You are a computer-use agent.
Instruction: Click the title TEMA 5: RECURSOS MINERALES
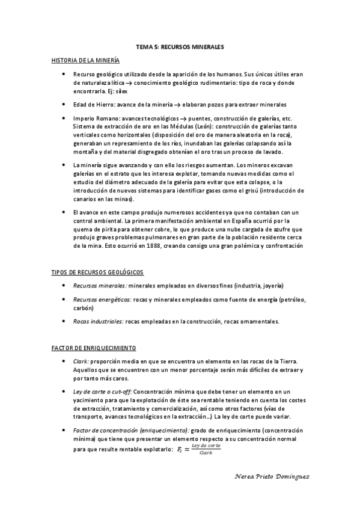(x=180, y=46)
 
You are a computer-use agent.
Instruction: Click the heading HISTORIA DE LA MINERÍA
(x=85, y=60)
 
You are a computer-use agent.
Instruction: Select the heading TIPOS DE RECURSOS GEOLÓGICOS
(x=97, y=272)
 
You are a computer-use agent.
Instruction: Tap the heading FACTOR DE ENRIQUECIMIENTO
(x=93, y=348)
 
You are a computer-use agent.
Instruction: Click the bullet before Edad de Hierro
(x=65, y=103)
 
